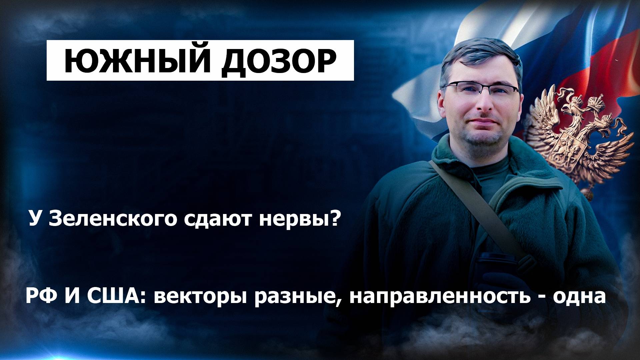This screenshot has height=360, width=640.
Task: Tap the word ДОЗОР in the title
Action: pos(279,61)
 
